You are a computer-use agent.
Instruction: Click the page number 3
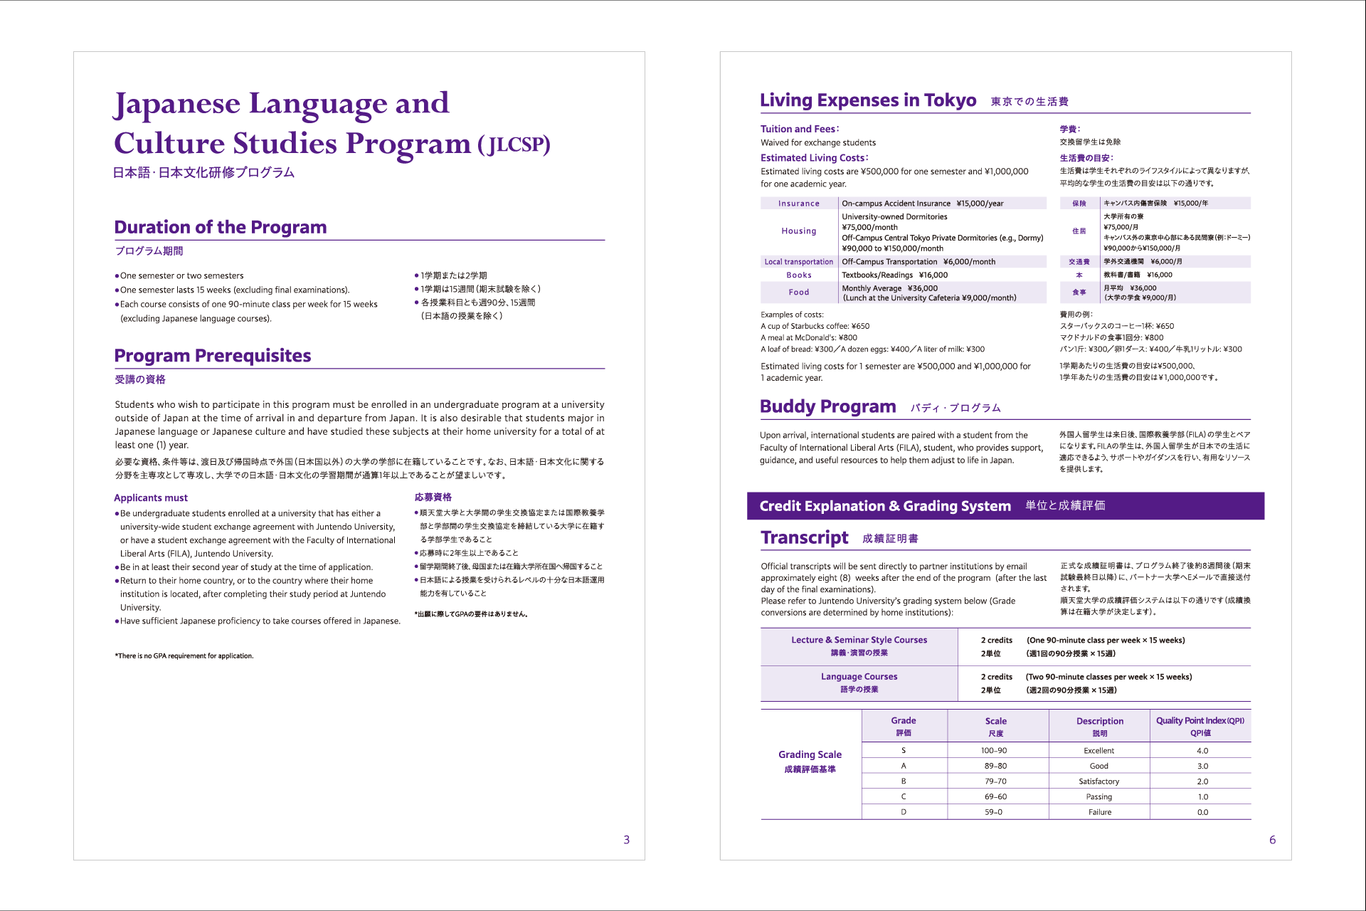[x=626, y=840]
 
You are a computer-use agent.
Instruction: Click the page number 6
[x=1272, y=840]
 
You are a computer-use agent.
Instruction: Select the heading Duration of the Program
[x=221, y=227]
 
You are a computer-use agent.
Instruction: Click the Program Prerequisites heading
[x=213, y=356]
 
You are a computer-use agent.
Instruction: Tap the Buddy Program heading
[x=827, y=406]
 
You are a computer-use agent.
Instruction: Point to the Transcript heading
[x=805, y=537]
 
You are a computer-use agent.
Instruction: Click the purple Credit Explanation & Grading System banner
[x=1005, y=506]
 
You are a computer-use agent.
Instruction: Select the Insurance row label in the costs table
[x=798, y=204]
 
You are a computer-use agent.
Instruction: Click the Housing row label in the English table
[x=798, y=231]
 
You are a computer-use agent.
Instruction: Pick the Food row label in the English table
[x=798, y=293]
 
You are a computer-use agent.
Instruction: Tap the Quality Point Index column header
[x=1200, y=721]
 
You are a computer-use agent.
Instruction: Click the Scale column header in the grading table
[x=995, y=722]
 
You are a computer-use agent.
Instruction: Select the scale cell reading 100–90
[x=994, y=751]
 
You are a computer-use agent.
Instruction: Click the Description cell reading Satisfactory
[x=1098, y=781]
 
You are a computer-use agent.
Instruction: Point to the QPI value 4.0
[x=1202, y=751]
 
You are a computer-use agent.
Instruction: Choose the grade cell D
[x=904, y=812]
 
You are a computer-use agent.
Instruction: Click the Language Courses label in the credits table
[x=859, y=677]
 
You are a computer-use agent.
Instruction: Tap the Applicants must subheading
[x=151, y=498]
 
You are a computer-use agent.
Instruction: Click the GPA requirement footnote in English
[x=184, y=656]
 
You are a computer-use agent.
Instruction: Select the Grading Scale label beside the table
[x=810, y=755]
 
